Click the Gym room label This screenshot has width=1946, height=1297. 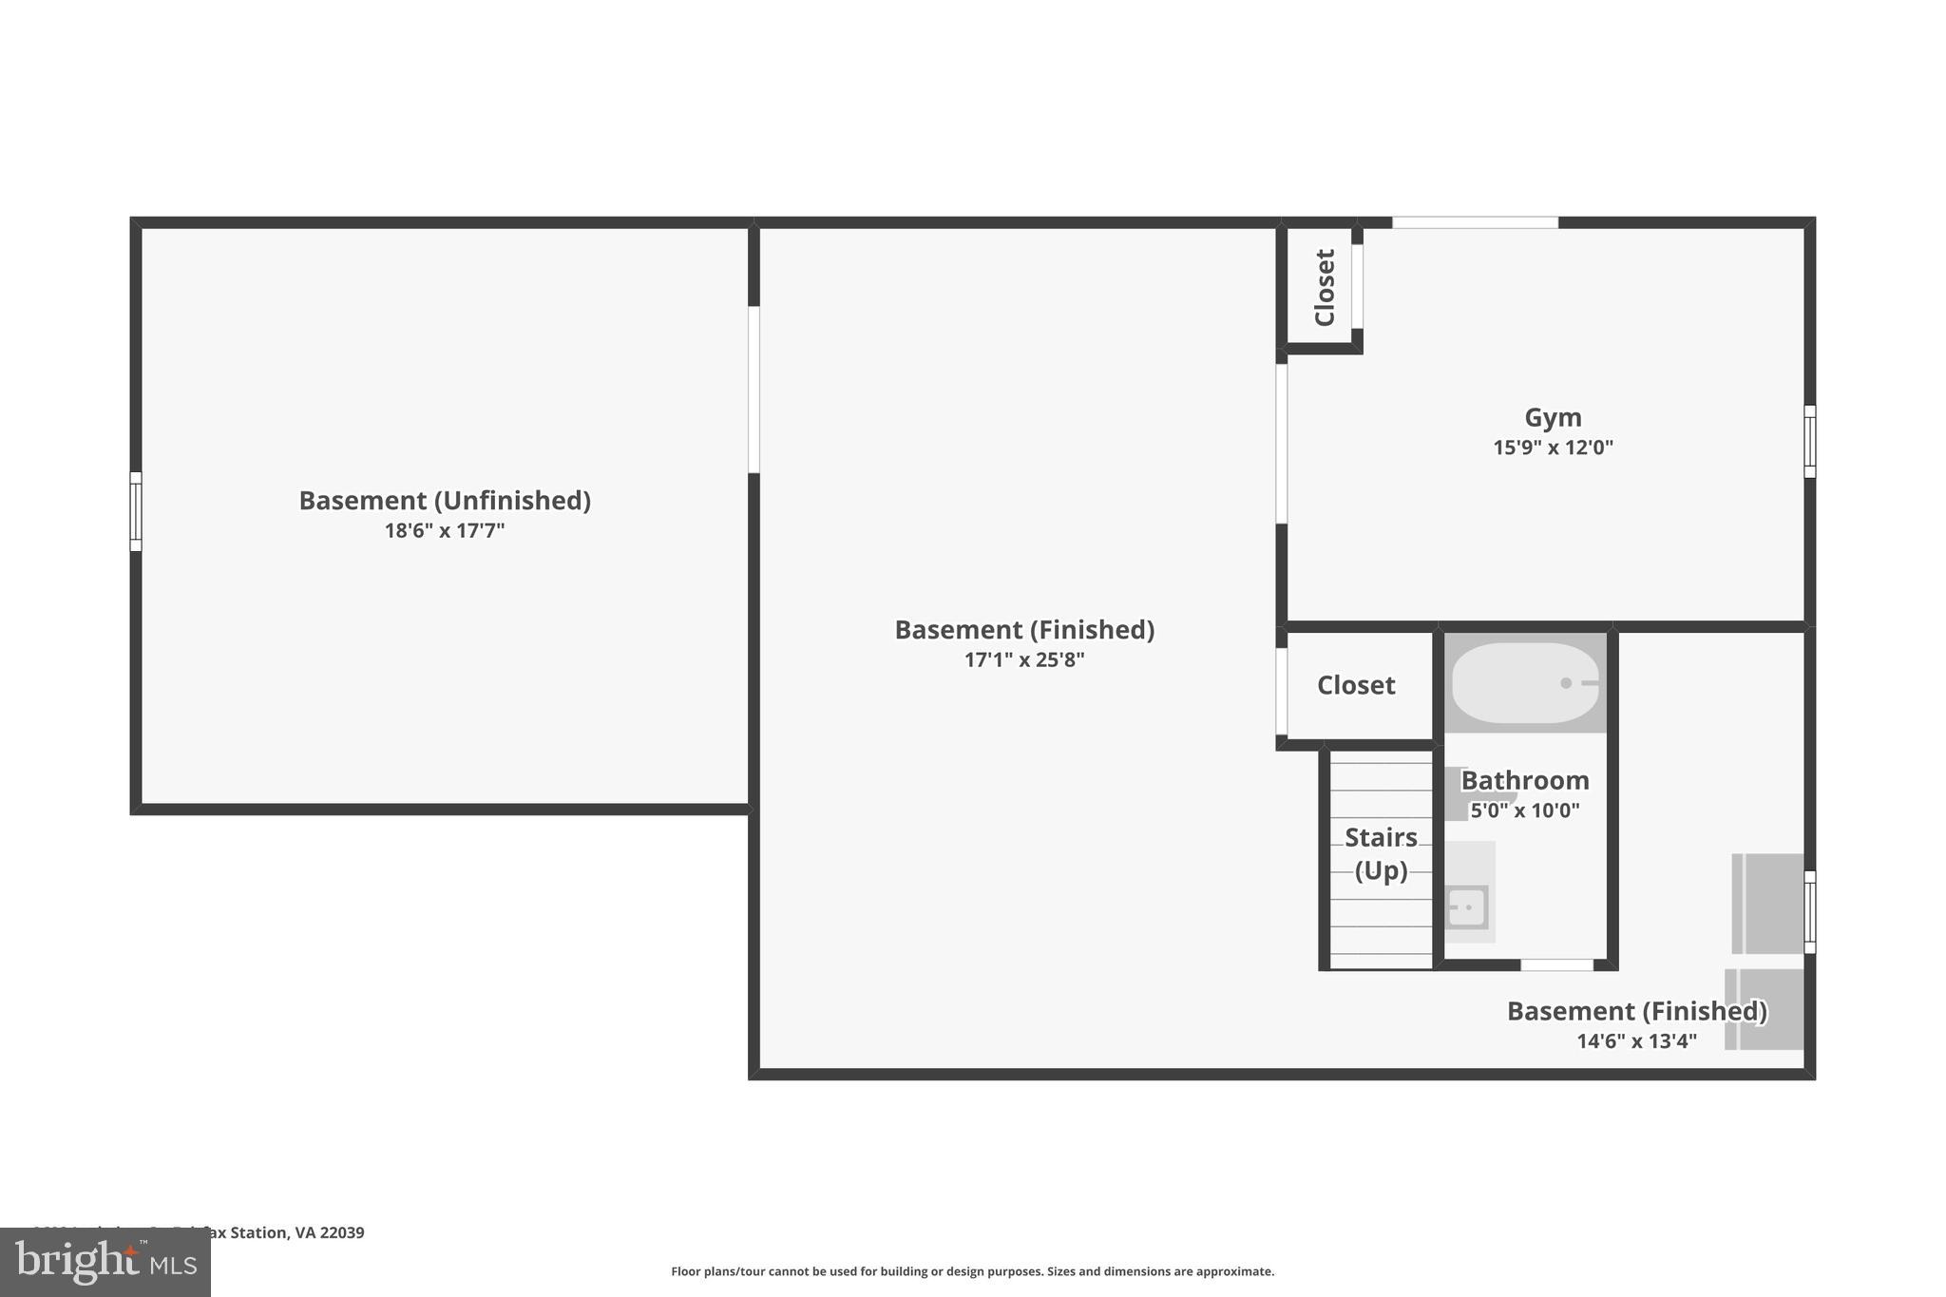pos(1553,417)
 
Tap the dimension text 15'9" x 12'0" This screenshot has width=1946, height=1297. pos(1553,448)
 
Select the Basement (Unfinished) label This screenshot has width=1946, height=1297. pos(445,501)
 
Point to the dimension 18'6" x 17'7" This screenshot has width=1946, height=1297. pos(445,530)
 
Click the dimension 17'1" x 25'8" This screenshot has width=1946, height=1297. pos(1024,659)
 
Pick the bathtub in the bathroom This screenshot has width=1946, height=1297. pos(1525,683)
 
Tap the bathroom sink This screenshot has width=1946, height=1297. pos(1467,907)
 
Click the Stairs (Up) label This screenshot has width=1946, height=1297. pos(1381,853)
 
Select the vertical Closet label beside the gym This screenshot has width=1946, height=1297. pos(1325,287)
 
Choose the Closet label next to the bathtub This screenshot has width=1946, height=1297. pos(1356,685)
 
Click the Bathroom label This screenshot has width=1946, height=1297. pos(1525,780)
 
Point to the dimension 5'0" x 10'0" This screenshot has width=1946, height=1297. pos(1525,811)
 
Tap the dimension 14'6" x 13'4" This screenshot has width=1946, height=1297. pos(1636,1040)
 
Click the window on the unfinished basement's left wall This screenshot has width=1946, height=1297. pos(136,511)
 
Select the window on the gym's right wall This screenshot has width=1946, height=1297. pos(1809,441)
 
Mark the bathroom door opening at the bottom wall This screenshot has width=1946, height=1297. pos(1556,964)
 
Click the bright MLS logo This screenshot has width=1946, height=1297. pos(105,1262)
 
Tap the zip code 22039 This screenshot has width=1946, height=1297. pos(342,1232)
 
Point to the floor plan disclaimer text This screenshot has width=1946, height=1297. pos(972,1271)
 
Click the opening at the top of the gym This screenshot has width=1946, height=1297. pos(1475,222)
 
